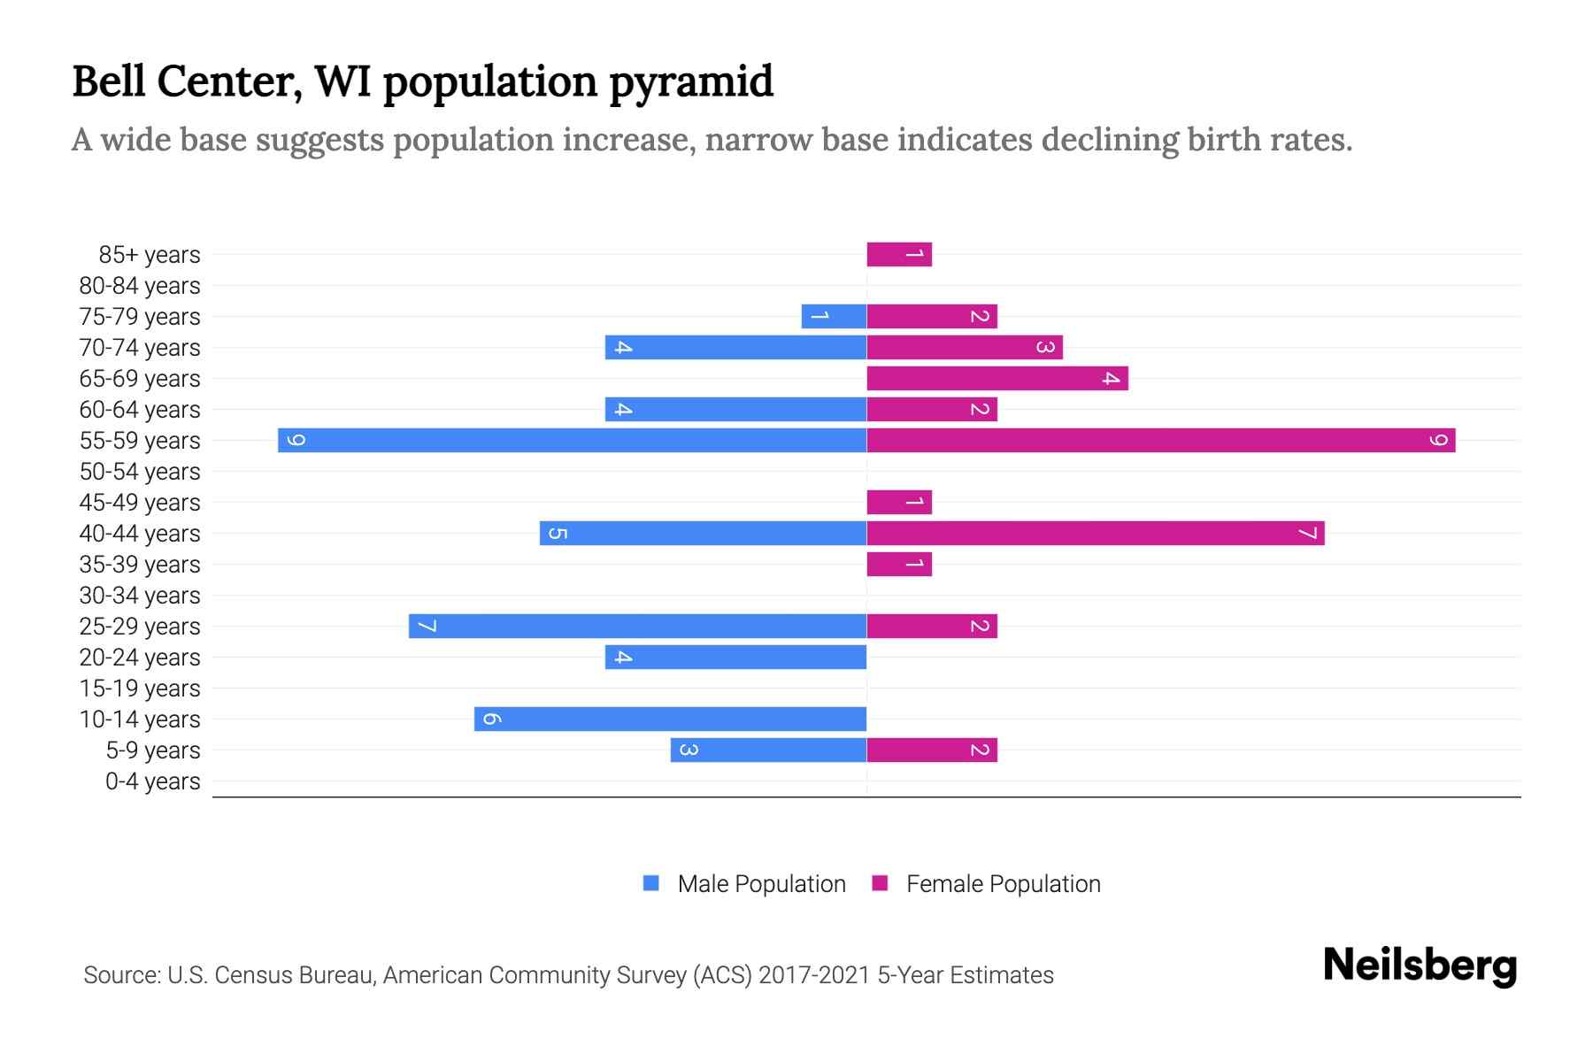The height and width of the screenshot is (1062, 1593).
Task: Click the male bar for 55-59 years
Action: [572, 440]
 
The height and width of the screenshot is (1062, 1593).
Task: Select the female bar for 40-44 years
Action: [1095, 533]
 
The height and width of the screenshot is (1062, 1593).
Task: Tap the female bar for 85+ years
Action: [899, 254]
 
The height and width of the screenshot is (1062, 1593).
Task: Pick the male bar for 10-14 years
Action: [670, 719]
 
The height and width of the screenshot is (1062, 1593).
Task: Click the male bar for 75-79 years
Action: [834, 316]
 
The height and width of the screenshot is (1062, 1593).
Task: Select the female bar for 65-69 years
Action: [997, 378]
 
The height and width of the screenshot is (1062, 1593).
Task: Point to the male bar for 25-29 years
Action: [637, 626]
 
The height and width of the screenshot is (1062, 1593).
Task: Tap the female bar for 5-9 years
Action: [932, 750]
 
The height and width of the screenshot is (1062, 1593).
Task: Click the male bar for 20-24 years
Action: [735, 657]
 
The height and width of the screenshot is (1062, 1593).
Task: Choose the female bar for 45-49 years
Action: [899, 502]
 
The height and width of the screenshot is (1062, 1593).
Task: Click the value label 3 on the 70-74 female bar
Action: [1045, 347]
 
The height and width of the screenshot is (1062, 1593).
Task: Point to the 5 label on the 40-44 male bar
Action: [558, 533]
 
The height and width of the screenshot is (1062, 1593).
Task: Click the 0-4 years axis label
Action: [152, 781]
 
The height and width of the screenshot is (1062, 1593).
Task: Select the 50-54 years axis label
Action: [140, 472]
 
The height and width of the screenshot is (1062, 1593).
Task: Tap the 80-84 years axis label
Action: [140, 286]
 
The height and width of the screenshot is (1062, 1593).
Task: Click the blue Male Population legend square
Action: [651, 883]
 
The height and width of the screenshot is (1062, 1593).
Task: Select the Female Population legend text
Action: [1003, 883]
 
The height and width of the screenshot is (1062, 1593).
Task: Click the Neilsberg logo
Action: [1420, 966]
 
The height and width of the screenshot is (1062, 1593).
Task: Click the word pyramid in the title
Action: [690, 81]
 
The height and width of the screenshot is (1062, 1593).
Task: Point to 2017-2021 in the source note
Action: [813, 975]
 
